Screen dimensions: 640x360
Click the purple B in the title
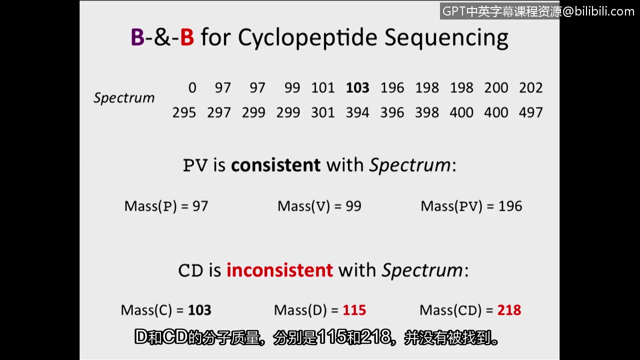pyautogui.click(x=137, y=37)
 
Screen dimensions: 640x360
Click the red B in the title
pyautogui.click(x=187, y=37)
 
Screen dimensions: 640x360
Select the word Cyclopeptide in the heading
pyautogui.click(x=307, y=38)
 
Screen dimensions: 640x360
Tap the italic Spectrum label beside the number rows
pyautogui.click(x=124, y=98)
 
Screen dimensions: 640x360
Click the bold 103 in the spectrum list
pyautogui.click(x=357, y=87)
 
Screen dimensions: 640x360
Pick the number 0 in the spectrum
pyautogui.click(x=192, y=87)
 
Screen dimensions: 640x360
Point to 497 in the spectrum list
pyautogui.click(x=530, y=112)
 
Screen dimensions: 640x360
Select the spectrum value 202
pyautogui.click(x=530, y=87)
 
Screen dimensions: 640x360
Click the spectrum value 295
pyautogui.click(x=184, y=112)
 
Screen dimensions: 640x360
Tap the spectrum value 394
pyautogui.click(x=357, y=112)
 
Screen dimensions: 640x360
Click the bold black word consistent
pyautogui.click(x=275, y=165)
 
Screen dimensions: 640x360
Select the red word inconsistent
pyautogui.click(x=279, y=270)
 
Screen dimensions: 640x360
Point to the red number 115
pyautogui.click(x=354, y=310)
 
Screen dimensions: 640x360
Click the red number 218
pyautogui.click(x=509, y=310)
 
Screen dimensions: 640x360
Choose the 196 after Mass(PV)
pyautogui.click(x=510, y=206)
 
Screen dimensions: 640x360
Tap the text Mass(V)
pyautogui.click(x=303, y=206)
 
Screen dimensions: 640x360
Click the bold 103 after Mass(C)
pyautogui.click(x=199, y=310)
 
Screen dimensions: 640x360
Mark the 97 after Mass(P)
pyautogui.click(x=200, y=206)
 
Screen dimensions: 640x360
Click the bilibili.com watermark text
pyautogui.click(x=604, y=11)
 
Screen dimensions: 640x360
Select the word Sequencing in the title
pyautogui.click(x=446, y=38)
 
